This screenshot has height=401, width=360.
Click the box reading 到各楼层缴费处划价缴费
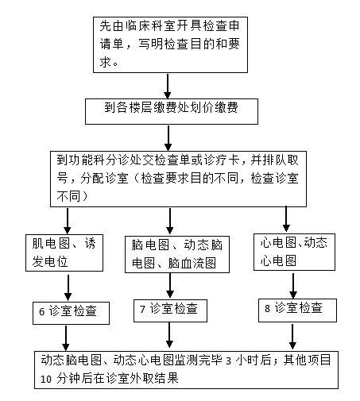tap(172, 111)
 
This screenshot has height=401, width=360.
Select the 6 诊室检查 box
tap(71, 313)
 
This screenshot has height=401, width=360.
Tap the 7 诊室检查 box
tap(170, 310)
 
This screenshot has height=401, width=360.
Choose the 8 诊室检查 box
tap(297, 310)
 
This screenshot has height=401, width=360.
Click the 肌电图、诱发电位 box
tap(64, 253)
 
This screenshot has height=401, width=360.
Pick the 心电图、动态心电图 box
tap(294, 252)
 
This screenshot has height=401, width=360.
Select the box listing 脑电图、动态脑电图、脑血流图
tap(177, 254)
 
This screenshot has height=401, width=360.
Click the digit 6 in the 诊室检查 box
tap(41, 312)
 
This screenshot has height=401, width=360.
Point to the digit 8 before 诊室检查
tap(267, 308)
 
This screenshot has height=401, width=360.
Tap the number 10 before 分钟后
tap(45, 380)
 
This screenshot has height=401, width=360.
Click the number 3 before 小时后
tap(228, 361)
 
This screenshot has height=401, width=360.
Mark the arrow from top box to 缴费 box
tap(168, 86)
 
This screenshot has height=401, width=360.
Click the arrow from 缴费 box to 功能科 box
tap(168, 138)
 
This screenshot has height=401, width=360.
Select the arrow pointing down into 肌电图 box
tap(68, 221)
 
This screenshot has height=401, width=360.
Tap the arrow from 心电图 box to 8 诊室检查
tap(293, 286)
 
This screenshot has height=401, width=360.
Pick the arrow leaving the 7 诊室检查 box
tap(169, 335)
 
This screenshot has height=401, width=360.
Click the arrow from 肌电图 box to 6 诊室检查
tap(68, 287)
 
